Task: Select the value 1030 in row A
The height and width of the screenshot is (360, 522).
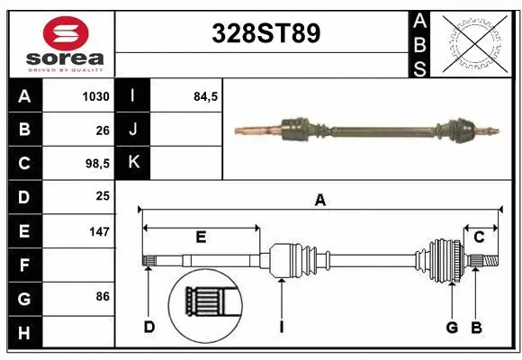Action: click(95, 96)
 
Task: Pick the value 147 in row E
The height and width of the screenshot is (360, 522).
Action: click(99, 231)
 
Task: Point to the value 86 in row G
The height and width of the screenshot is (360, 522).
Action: click(102, 296)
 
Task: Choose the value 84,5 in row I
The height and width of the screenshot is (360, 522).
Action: click(206, 96)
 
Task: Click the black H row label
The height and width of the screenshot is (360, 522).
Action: click(23, 333)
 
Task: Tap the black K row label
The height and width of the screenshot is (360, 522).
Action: click(132, 163)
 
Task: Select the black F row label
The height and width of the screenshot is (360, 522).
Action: click(23, 265)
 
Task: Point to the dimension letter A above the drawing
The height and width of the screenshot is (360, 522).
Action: click(319, 202)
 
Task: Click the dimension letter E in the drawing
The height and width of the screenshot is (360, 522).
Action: click(201, 237)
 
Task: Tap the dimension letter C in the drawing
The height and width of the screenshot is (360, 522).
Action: click(479, 237)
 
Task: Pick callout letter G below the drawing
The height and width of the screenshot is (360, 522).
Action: click(452, 328)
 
